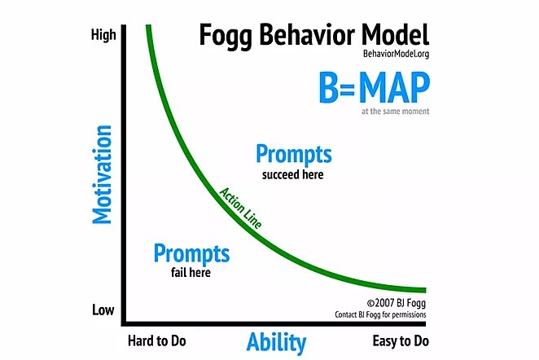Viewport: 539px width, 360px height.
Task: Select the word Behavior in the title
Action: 307,35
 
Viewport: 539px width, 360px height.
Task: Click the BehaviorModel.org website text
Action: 396,54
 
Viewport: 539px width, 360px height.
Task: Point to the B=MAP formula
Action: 375,87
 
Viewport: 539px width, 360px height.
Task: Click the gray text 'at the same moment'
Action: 396,111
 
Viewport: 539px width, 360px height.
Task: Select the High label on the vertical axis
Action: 103,35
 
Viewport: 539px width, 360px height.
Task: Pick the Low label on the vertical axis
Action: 103,310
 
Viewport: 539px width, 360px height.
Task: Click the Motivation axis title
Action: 102,174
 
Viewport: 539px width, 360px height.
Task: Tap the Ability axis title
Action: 276,342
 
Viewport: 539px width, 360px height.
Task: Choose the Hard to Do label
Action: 157,340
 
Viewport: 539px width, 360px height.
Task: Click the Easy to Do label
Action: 401,341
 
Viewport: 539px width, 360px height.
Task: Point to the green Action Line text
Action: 241,208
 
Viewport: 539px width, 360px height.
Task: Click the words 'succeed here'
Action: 292,174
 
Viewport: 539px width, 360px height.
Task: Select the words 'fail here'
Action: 191,273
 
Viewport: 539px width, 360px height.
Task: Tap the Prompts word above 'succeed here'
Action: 294,154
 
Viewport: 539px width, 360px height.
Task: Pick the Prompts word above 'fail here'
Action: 191,253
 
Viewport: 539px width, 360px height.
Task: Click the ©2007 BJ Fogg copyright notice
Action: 397,303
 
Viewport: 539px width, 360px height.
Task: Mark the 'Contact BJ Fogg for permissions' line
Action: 380,314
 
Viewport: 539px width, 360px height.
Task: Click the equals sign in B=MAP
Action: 348,89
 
